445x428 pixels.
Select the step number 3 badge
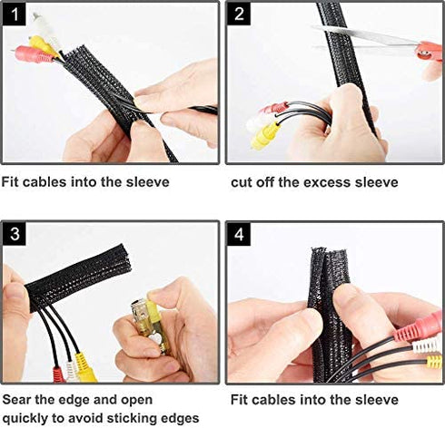pos(15,236)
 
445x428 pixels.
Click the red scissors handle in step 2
pos(429,51)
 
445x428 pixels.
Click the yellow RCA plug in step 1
pos(43,44)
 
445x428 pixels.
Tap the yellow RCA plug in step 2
pos(266,136)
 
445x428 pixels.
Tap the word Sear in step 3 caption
pos(19,399)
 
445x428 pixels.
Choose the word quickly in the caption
pos(27,417)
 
